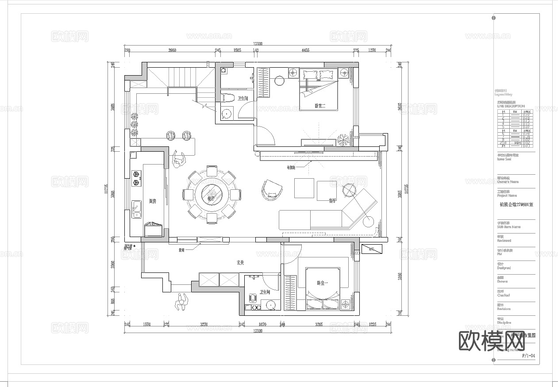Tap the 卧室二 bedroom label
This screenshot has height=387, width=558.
click(319, 106)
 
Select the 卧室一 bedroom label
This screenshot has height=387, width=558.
click(321, 283)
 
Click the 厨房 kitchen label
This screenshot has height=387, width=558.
click(153, 201)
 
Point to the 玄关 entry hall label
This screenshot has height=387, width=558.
click(240, 263)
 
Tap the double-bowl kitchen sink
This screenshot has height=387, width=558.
click(136, 211)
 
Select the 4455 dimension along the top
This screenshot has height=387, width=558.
click(305, 50)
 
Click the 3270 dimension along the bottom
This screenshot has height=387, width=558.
click(204, 324)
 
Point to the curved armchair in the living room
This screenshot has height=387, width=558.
click(271, 189)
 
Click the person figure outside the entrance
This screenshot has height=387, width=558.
click(181, 302)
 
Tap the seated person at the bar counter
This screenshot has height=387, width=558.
click(178, 160)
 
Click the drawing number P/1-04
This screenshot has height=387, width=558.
click(528, 355)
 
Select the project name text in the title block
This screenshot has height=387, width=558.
click(516, 205)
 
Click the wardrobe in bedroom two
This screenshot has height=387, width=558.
click(263, 84)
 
